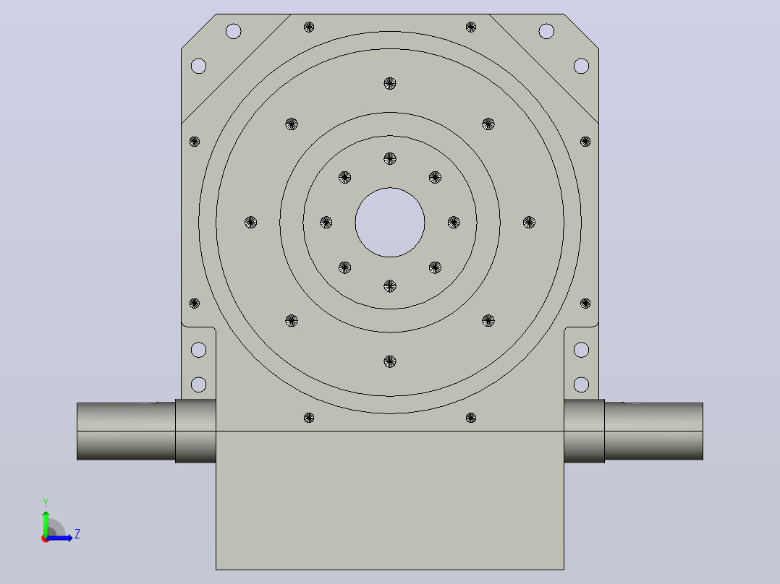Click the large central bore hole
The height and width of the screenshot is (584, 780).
click(390, 222)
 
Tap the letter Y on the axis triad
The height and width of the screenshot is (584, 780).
click(46, 502)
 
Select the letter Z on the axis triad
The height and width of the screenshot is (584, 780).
click(77, 534)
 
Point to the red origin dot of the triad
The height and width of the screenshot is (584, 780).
click(46, 538)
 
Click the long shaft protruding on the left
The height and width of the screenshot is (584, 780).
click(127, 431)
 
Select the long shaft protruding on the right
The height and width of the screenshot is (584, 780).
click(653, 431)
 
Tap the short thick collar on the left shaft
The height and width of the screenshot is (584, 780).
click(195, 431)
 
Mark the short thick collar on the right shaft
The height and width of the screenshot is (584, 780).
click(585, 431)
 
